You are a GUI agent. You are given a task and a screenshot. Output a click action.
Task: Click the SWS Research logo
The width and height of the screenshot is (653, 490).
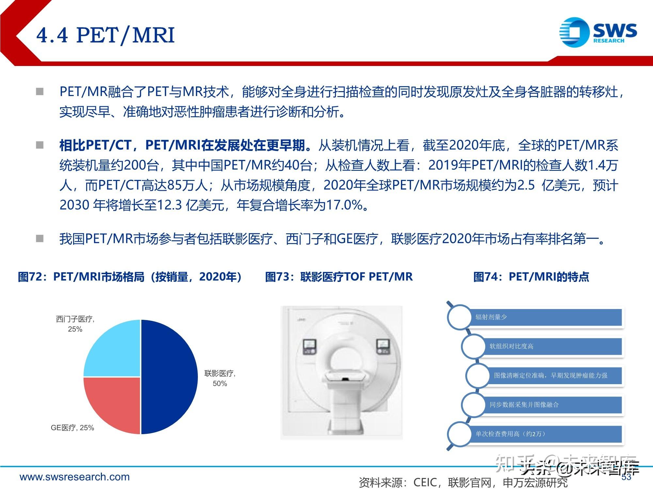pyautogui.click(x=598, y=32)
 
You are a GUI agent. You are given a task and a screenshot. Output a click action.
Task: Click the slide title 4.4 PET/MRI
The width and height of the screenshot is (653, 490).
pyautogui.click(x=105, y=35)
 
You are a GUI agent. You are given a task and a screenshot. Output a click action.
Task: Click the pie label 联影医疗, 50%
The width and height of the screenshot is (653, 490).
pyautogui.click(x=220, y=378)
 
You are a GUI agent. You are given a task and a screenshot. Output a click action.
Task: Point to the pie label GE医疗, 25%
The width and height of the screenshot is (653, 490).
pyautogui.click(x=72, y=428)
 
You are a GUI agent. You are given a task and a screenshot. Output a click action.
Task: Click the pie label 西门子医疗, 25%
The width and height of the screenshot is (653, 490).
pyautogui.click(x=75, y=324)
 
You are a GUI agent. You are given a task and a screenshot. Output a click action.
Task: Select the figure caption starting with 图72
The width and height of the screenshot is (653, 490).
pyautogui.click(x=130, y=277)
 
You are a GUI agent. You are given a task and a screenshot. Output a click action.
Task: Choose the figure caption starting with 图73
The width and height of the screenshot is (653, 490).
pyautogui.click(x=339, y=277)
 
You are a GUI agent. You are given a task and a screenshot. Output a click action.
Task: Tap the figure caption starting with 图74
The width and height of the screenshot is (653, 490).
pyautogui.click(x=531, y=277)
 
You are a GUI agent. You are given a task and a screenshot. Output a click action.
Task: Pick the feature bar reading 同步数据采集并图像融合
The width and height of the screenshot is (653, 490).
pyautogui.click(x=552, y=405)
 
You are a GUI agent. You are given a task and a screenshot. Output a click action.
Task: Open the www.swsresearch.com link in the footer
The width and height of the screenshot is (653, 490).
pyautogui.click(x=74, y=477)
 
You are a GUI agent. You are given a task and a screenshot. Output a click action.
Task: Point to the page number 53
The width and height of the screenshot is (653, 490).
pyautogui.click(x=626, y=477)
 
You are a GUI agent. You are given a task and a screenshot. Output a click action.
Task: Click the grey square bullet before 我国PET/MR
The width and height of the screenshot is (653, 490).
pyautogui.click(x=40, y=239)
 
